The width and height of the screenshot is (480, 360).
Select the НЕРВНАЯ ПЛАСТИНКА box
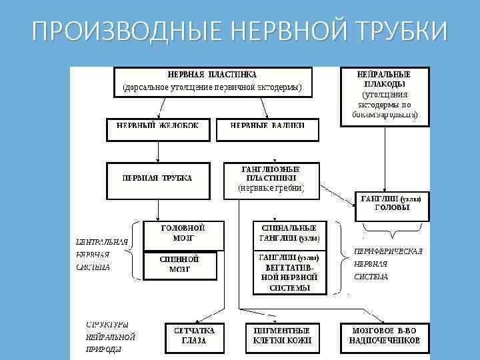pos(211,81)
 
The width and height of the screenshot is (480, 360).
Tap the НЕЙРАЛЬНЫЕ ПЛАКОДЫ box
pos(385,95)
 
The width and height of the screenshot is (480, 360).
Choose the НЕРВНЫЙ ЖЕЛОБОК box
pos(157,129)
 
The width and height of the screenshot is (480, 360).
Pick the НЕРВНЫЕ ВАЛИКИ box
pos(267,129)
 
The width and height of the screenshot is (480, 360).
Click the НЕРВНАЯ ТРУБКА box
pos(157,178)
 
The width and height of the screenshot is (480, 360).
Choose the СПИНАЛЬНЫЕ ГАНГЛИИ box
pos(289,233)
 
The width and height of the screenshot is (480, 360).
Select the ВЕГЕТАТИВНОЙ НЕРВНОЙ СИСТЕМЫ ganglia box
pos(289,272)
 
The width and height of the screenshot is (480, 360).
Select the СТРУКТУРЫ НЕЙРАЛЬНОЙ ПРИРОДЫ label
pos(111,337)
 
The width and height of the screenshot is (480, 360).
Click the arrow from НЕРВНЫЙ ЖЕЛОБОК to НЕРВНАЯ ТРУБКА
pos(157,151)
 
